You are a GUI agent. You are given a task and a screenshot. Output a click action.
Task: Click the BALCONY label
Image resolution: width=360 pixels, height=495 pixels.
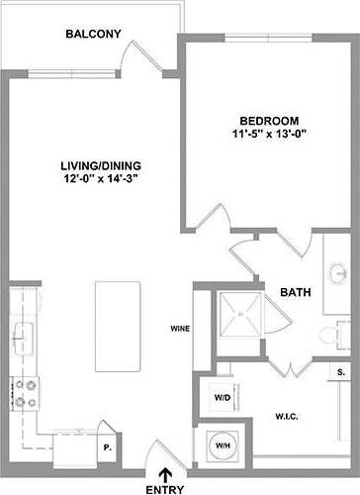[x=93, y=35]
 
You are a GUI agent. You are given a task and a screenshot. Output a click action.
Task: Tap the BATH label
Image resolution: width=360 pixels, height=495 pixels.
[x=295, y=293]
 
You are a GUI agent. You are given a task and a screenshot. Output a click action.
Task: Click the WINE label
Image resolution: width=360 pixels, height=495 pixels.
[x=180, y=329]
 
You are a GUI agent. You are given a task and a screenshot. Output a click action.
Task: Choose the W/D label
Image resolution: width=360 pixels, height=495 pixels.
[x=222, y=398]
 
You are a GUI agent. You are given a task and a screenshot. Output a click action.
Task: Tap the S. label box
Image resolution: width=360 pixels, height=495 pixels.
[x=339, y=372]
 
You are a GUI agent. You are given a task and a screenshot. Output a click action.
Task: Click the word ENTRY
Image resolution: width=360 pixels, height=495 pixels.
[x=164, y=489]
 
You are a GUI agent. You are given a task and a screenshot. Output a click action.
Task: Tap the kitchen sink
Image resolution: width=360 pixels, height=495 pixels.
[x=22, y=334]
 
